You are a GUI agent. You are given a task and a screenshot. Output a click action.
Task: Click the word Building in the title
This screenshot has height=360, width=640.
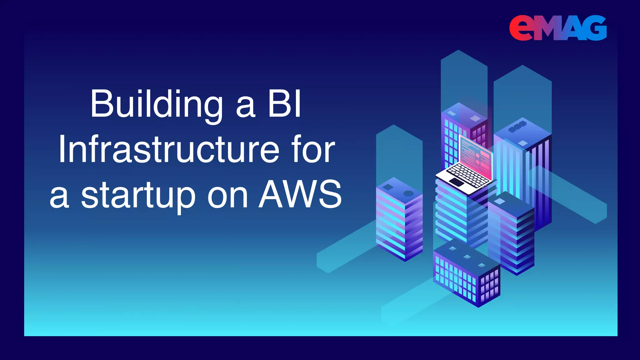(x=157, y=105)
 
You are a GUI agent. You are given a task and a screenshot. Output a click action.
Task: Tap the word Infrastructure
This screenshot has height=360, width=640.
(x=169, y=150)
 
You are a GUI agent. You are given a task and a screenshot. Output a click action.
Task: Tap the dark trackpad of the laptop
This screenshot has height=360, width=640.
(x=457, y=182)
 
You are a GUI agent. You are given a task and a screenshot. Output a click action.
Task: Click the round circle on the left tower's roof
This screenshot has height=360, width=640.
(x=408, y=193)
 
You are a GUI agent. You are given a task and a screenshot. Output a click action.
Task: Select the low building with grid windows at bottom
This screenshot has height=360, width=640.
(x=466, y=275)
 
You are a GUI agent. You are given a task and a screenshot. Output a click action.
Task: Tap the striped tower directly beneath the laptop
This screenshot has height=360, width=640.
(x=459, y=216)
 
